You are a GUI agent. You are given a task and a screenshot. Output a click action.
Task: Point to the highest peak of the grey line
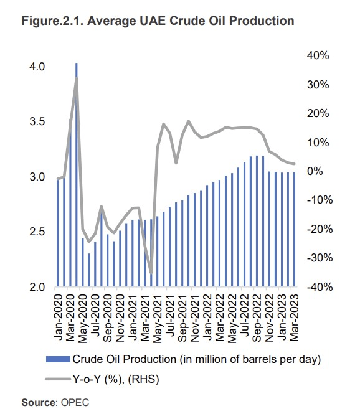tap(77, 78)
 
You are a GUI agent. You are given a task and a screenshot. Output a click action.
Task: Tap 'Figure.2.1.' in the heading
tap(52, 21)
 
